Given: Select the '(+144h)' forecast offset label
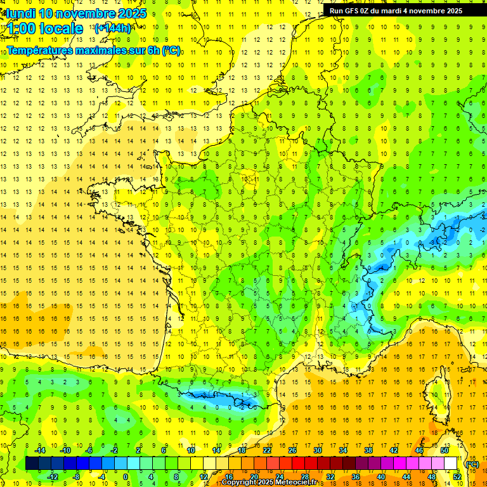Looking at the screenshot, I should coord(113,29).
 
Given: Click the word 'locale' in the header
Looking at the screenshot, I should coord(61,29).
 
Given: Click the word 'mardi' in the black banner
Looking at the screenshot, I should coord(401,11).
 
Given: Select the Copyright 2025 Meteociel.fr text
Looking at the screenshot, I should coord(269,483).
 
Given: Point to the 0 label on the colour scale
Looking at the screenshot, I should coord(125,477).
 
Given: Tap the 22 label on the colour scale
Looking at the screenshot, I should coord(267,450).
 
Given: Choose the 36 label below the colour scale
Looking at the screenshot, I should coord(355,477).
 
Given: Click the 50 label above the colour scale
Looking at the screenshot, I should coord(445,450).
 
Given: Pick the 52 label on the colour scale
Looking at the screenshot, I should coord(457,477).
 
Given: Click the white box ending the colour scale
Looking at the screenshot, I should coord(450,464).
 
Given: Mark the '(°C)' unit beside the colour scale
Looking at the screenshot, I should coord(472,464).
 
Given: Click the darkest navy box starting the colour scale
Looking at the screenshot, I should coord(32,464).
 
